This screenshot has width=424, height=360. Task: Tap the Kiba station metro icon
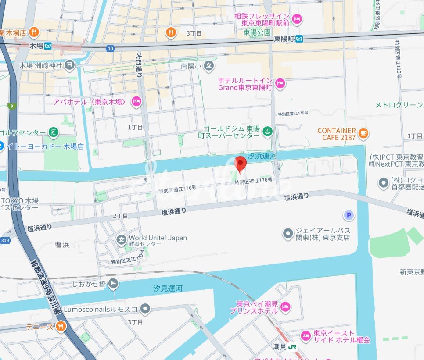pyautogui.click(x=48, y=45)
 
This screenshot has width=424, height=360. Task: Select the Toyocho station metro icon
pyautogui.click(x=299, y=38)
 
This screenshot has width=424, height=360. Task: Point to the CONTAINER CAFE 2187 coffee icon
pyautogui.click(x=363, y=133)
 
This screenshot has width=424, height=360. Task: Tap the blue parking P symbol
pyautogui.click(x=349, y=215)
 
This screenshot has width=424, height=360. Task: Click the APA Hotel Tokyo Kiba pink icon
pyautogui.click(x=137, y=102)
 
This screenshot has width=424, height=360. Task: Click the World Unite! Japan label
pyautogui.click(x=158, y=238)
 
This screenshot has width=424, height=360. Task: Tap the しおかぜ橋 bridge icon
pyautogui.click(x=113, y=284)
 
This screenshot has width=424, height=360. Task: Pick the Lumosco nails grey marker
pyautogui.click(x=145, y=309)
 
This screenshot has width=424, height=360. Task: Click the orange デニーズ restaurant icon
pyautogui.click(x=61, y=326)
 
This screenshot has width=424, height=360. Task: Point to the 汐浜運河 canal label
pyautogui.click(x=262, y=156)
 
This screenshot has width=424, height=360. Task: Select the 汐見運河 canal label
pyautogui.click(x=168, y=289)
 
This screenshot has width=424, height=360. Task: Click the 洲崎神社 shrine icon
pyautogui.click(x=70, y=65)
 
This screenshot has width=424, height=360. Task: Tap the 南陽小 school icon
pyautogui.click(x=209, y=66)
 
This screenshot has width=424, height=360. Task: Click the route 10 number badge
pyautogui.click(x=110, y=48)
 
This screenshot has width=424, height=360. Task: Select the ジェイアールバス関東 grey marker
pyautogui.click(x=288, y=234)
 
